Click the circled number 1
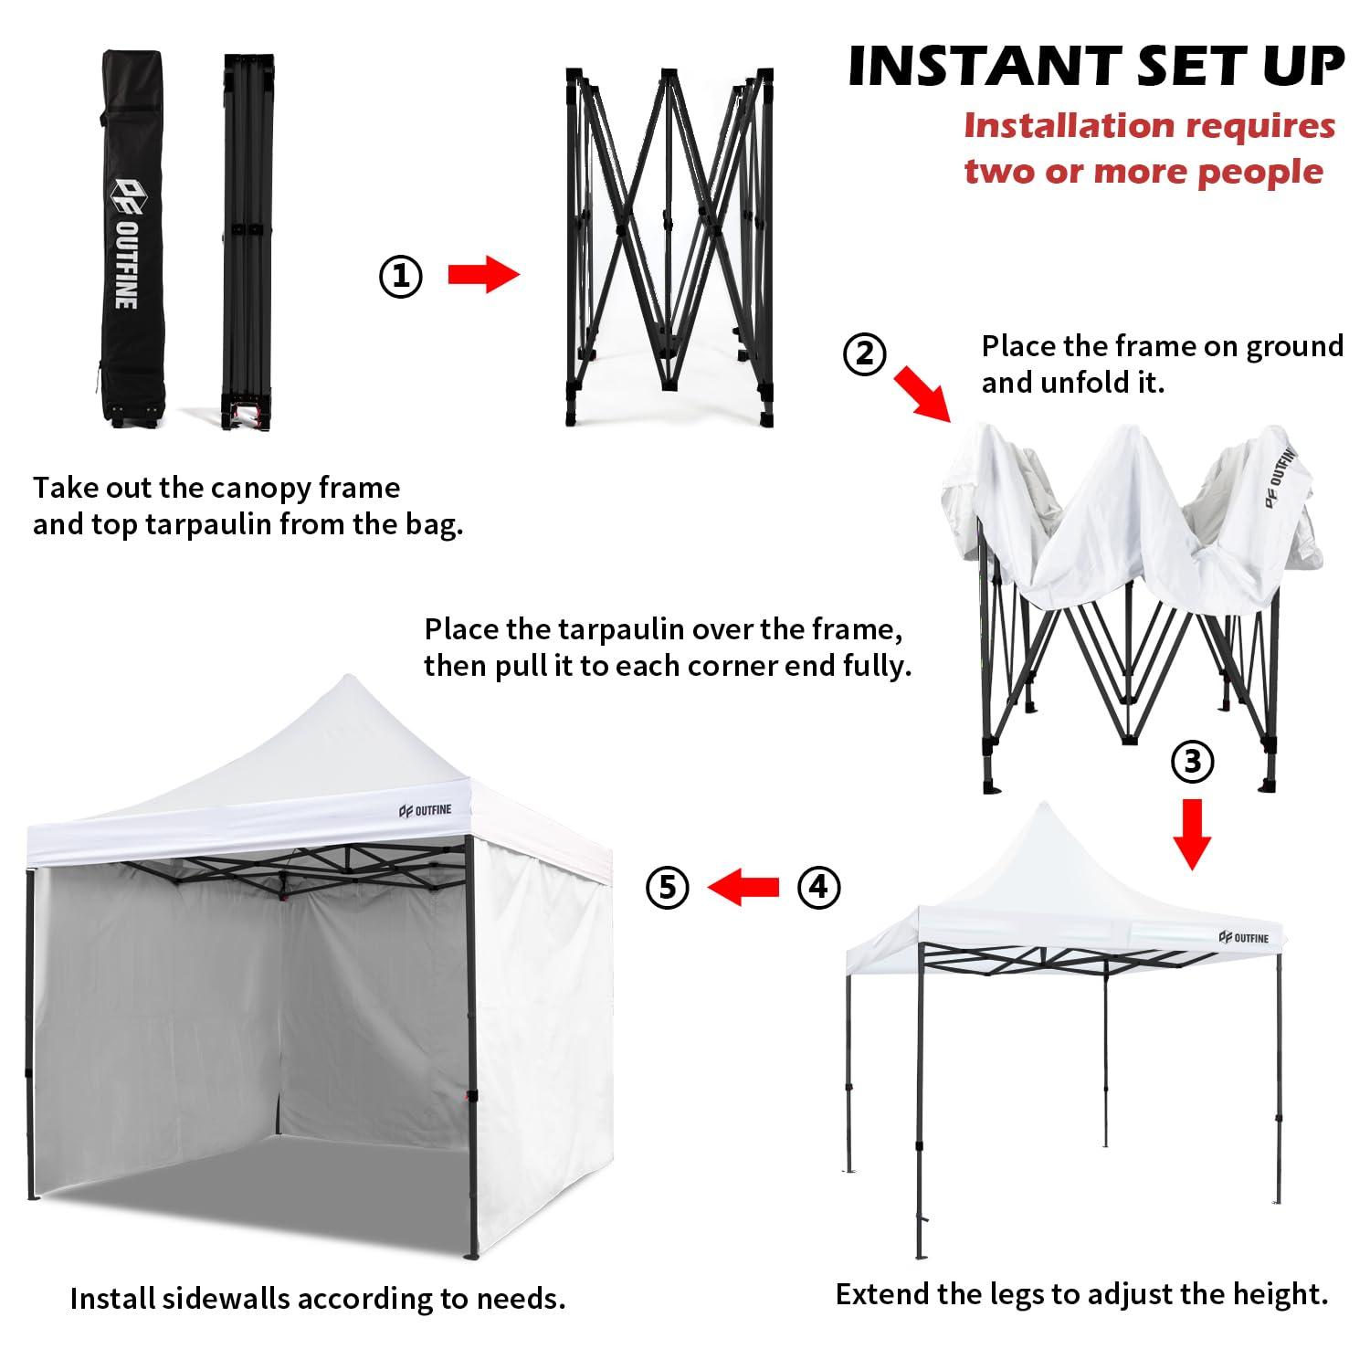pos(401,276)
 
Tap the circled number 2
pos(864,354)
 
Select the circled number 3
pos(1192,760)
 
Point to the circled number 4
pos(818,887)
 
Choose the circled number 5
pos(668,887)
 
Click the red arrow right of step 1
pos(483,274)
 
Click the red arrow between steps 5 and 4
pos(743,887)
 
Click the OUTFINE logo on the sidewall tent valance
pos(425,809)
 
